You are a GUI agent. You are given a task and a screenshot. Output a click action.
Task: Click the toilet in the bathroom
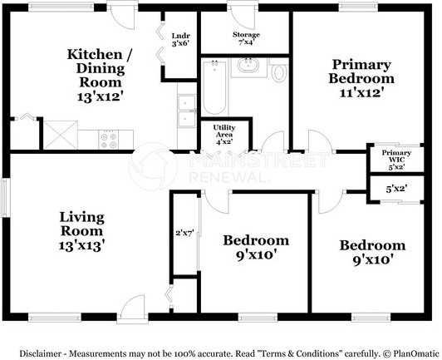coord(277,71)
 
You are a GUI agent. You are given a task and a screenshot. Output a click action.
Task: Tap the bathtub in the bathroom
coord(214,88)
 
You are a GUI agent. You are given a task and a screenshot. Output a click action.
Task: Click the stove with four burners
coord(109,140)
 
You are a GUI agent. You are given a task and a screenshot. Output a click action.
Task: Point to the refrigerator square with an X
coord(61,135)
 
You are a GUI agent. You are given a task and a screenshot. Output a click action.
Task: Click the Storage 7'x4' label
coord(246,38)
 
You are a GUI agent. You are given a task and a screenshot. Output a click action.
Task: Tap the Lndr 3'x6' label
coord(180,40)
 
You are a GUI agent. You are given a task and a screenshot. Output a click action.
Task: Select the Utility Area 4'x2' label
coord(224,135)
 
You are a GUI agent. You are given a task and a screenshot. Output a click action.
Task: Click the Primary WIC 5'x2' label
coord(396,160)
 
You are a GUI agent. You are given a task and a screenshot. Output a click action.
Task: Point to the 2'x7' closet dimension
coord(184,234)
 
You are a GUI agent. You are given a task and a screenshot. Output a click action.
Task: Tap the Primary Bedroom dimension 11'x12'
coord(362,92)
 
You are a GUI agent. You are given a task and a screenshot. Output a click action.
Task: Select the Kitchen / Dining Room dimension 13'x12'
coord(101,96)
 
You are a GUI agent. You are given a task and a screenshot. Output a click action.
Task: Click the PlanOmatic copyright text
coord(410,353)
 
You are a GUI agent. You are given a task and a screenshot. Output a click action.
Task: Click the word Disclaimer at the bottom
coord(41,353)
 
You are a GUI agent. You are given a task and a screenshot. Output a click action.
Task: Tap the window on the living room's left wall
coord(5,198)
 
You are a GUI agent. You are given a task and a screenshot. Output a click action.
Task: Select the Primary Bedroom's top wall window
coord(358,7)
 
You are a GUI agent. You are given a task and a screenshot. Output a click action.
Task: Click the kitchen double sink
coord(187,111)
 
